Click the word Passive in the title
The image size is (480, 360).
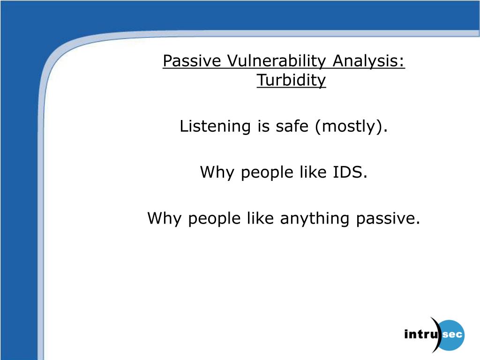point(192,60)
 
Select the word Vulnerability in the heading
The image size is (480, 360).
point(277,61)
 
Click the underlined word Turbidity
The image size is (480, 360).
point(291,80)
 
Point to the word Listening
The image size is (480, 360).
point(215,127)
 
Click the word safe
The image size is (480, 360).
point(292,126)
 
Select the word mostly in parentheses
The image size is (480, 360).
point(348,127)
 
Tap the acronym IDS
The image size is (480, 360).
point(348,172)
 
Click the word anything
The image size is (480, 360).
point(315,219)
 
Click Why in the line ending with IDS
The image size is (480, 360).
point(217,172)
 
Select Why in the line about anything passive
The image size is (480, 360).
point(165,219)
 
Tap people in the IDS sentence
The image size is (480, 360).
point(267,173)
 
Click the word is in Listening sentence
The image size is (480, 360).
point(263,127)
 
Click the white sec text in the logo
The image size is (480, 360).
point(452,334)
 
